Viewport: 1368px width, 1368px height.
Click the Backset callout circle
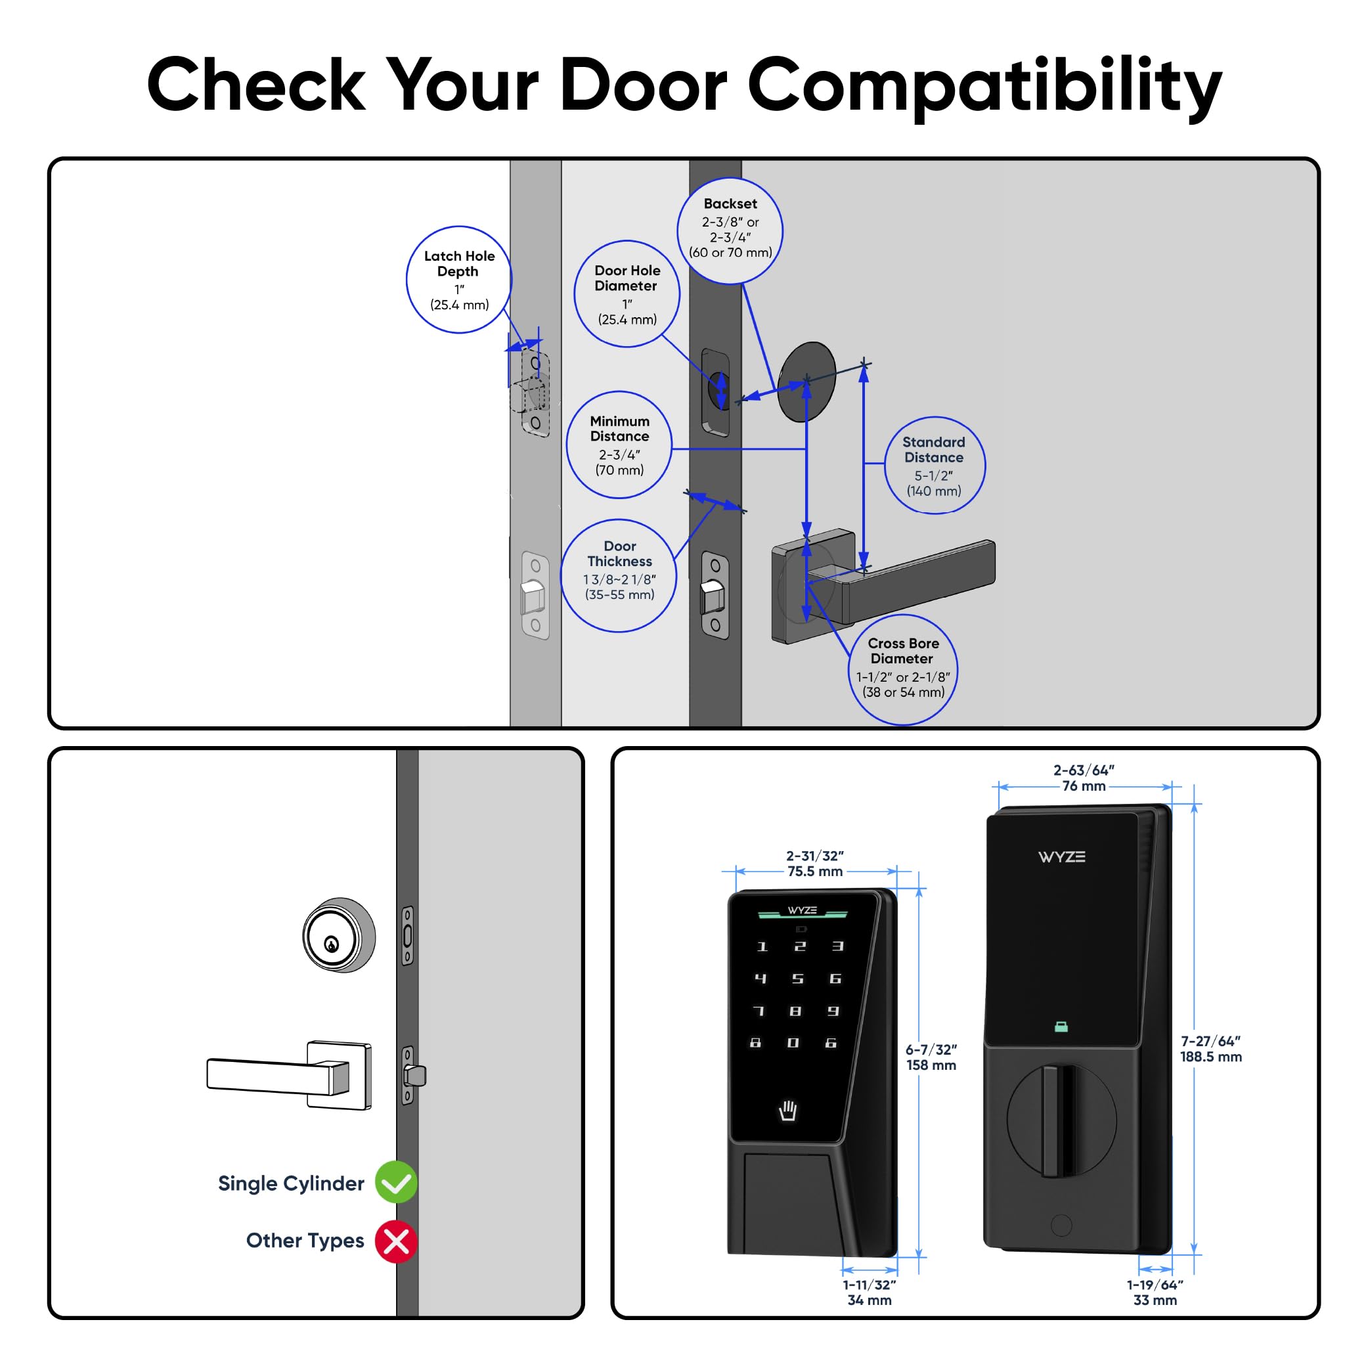click(730, 230)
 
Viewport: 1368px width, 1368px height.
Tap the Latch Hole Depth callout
click(459, 280)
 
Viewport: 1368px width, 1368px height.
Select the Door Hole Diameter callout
click(627, 294)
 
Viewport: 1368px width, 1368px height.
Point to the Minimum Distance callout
click(619, 445)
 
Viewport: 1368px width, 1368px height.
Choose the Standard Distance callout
click(933, 465)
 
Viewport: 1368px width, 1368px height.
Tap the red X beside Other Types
click(396, 1241)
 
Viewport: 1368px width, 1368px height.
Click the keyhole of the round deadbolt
click(330, 944)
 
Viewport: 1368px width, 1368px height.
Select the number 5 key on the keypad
click(797, 979)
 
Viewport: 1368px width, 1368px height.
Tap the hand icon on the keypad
click(787, 1111)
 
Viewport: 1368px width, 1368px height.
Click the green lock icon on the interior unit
click(1061, 1026)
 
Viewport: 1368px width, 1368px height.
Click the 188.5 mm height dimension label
click(1210, 1049)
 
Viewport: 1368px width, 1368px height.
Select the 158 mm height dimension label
click(931, 1057)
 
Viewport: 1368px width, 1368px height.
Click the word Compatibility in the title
click(984, 85)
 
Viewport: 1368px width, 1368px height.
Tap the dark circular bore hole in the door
click(806, 382)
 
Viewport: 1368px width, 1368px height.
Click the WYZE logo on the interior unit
click(1061, 857)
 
